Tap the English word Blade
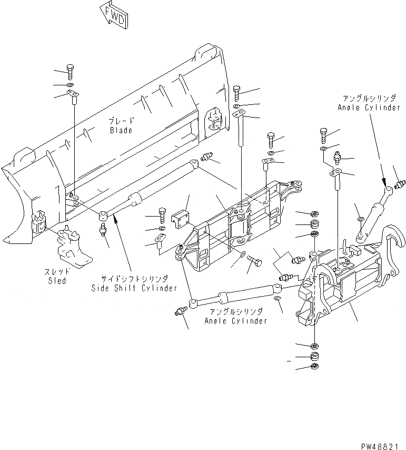point(121,130)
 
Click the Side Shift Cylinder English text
point(134,288)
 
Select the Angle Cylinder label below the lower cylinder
point(236,320)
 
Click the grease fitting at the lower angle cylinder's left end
point(179,312)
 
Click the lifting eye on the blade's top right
point(204,54)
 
